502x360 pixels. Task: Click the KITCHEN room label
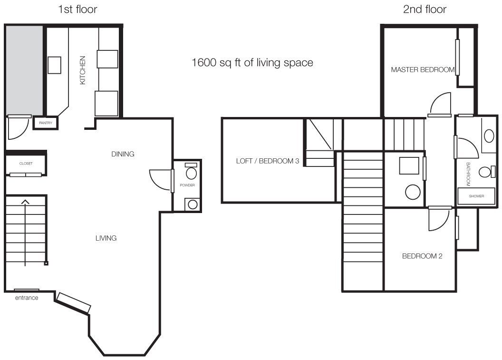(x=83, y=70)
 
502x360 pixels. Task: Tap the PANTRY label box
(x=46, y=123)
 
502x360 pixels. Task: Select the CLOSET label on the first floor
(x=26, y=163)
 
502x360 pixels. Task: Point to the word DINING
(x=123, y=154)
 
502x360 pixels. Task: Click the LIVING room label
(x=106, y=238)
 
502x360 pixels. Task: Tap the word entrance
(x=27, y=298)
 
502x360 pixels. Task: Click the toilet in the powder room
(x=191, y=171)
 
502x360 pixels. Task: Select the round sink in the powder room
(x=193, y=204)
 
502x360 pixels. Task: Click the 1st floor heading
(x=77, y=10)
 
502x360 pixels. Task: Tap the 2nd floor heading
(x=425, y=10)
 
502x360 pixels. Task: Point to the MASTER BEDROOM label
(x=423, y=69)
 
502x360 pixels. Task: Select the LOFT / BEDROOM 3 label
(x=267, y=161)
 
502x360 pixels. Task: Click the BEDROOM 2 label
(x=422, y=256)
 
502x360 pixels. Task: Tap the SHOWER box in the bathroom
(x=476, y=196)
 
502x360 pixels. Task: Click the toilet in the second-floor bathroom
(x=487, y=172)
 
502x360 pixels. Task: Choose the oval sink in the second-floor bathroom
(x=489, y=136)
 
